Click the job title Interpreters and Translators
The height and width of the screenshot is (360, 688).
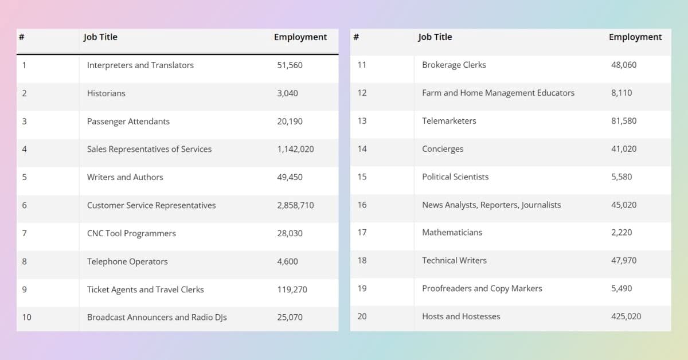(140, 65)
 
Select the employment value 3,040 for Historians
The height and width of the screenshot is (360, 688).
(287, 93)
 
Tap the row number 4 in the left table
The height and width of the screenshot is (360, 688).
(24, 149)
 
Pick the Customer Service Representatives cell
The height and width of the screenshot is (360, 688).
(151, 205)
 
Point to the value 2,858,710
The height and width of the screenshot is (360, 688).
(295, 205)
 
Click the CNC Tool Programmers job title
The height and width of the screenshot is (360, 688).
(131, 233)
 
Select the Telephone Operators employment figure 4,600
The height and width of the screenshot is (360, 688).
(287, 261)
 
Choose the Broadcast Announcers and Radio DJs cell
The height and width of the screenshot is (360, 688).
(157, 318)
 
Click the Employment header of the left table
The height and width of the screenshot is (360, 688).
(300, 37)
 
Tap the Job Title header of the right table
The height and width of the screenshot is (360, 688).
(435, 37)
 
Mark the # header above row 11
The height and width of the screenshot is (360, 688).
(356, 37)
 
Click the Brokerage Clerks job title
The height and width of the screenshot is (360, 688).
(454, 65)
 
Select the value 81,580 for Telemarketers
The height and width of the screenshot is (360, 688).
(624, 121)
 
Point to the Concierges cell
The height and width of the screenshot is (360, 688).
(443, 149)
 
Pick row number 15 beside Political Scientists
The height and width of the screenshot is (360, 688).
(362, 177)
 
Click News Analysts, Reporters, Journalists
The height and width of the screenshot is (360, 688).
(491, 205)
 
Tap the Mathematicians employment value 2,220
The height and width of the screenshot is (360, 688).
(621, 232)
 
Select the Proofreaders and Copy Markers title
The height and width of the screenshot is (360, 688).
(482, 288)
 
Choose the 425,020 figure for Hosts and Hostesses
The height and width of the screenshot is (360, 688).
(626, 316)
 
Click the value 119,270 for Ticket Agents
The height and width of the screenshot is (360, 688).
(292, 289)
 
